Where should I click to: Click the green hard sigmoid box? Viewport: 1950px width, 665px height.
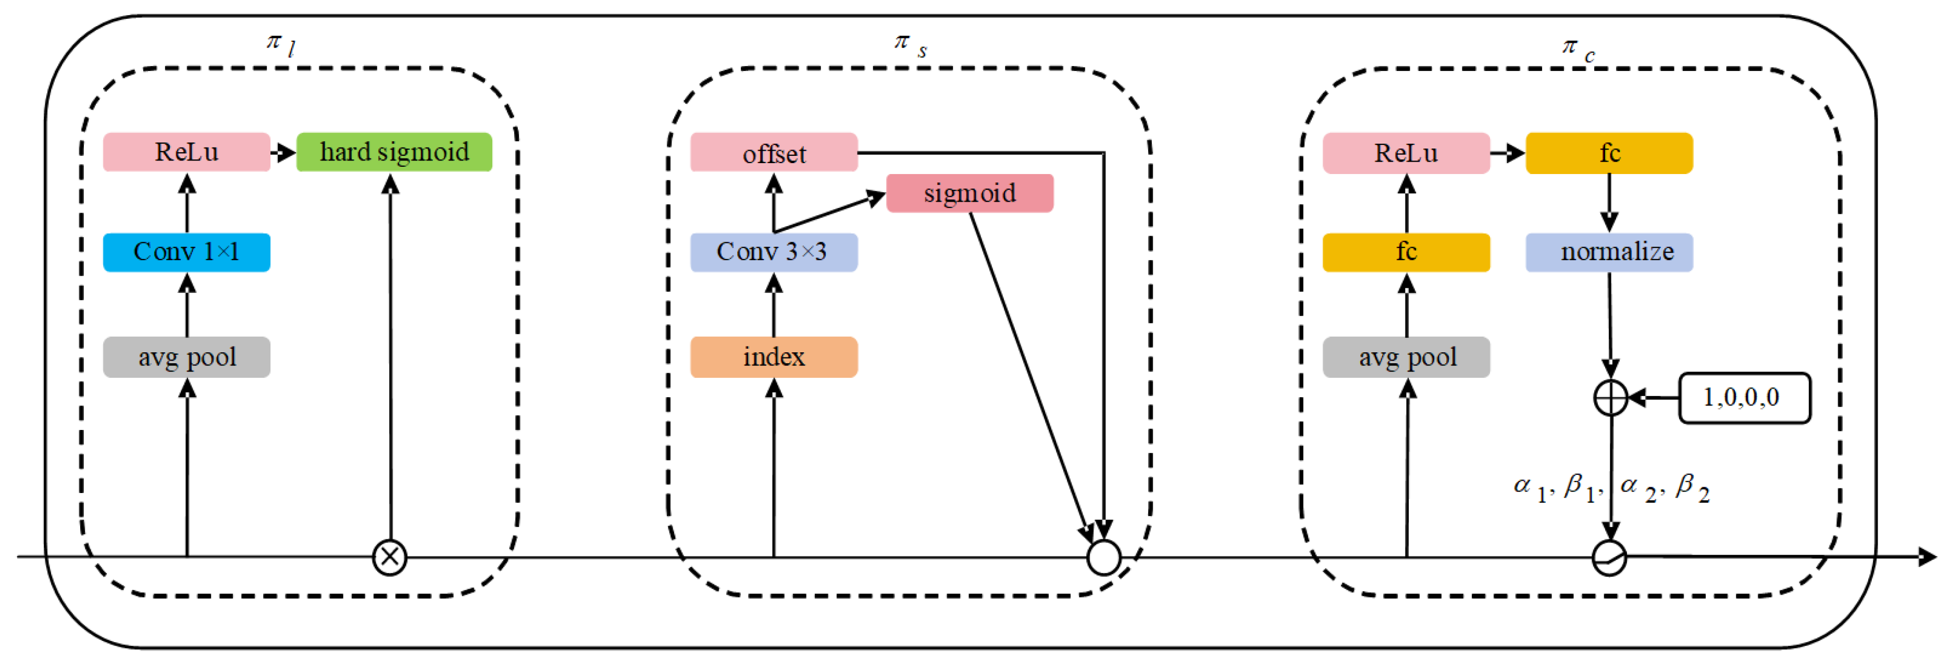(394, 152)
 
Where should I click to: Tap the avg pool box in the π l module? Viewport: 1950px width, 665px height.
(186, 357)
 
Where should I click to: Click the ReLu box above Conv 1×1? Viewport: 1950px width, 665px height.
(186, 152)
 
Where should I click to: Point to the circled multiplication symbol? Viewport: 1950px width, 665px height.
(390, 558)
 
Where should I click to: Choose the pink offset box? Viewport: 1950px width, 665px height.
(774, 153)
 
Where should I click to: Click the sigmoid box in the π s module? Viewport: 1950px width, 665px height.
(969, 193)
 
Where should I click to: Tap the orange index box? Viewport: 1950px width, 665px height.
(774, 357)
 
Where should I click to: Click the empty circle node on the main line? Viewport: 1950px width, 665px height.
(1103, 558)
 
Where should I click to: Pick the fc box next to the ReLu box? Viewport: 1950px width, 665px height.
(1609, 153)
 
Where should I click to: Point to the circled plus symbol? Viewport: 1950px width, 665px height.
(1610, 398)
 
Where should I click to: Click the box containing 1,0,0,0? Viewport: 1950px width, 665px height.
(1744, 398)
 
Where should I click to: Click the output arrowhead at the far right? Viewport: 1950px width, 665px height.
(1927, 557)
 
